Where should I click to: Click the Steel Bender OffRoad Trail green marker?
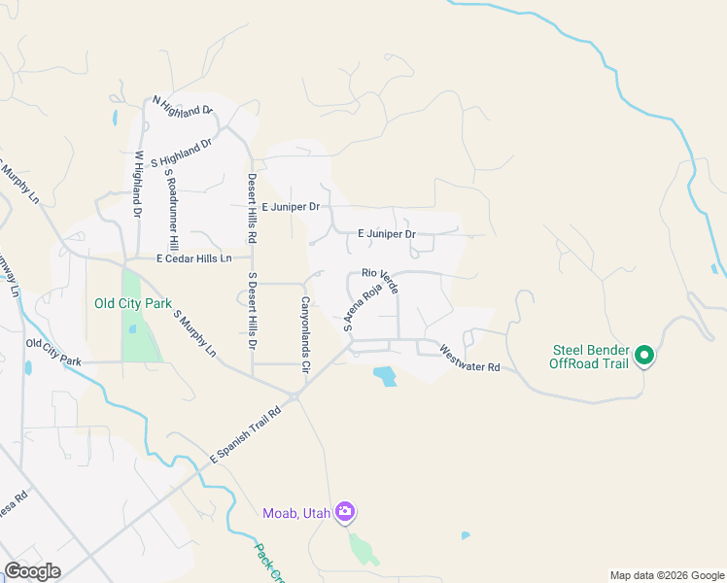[643, 357]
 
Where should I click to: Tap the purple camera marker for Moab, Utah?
[345, 512]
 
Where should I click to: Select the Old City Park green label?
[132, 303]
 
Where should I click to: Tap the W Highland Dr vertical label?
[138, 184]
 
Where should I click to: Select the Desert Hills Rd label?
[252, 208]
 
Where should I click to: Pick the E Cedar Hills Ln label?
[194, 258]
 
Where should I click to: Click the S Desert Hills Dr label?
[252, 310]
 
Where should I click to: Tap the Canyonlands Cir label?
[304, 335]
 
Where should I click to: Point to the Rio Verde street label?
[381, 283]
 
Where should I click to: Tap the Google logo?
[32, 571]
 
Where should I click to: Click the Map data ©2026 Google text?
[666, 575]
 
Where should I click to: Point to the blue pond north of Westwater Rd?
[385, 375]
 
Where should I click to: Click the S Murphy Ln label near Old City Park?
[194, 332]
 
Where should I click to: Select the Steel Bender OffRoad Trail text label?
[590, 357]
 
